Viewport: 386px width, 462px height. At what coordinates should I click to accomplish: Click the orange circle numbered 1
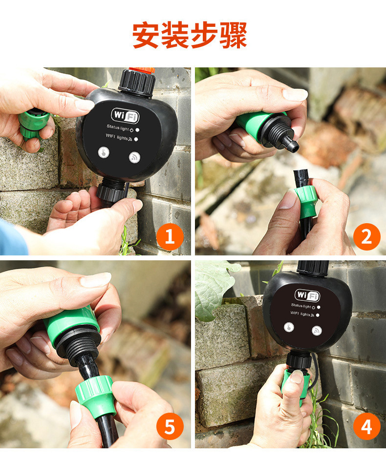(170, 236)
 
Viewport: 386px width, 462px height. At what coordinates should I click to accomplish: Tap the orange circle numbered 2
(366, 236)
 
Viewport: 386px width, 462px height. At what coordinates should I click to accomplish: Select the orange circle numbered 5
(170, 426)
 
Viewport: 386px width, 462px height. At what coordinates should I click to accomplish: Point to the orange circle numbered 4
(366, 426)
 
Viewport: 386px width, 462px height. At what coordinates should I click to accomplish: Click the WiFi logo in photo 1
(125, 115)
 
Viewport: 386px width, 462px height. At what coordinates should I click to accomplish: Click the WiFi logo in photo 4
(307, 295)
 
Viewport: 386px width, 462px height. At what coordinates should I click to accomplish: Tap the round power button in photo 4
(289, 327)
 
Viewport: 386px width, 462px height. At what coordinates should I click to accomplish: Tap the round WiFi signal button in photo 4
(317, 331)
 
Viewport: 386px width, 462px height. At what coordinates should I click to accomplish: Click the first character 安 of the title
(147, 35)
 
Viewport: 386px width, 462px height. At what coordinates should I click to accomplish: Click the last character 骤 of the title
(233, 35)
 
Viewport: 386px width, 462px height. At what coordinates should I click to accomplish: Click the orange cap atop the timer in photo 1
(142, 71)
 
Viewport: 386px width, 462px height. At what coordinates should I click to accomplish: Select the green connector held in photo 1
(33, 123)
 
